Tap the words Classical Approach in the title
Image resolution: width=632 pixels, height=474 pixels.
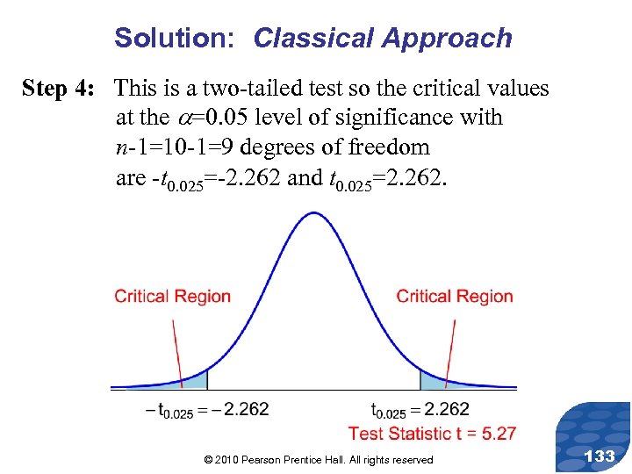click(382, 39)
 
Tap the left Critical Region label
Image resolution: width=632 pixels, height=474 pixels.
click(172, 296)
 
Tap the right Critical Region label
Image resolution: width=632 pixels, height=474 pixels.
click(455, 296)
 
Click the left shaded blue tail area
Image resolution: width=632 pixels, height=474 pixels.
click(197, 381)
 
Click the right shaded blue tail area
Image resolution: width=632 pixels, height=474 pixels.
click(432, 380)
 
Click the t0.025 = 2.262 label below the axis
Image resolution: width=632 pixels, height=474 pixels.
click(420, 410)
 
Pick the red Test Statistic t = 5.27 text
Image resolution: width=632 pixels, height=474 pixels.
click(432, 433)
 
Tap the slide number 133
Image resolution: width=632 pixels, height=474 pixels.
click(599, 456)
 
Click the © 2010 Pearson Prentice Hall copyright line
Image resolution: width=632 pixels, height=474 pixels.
click(318, 460)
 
